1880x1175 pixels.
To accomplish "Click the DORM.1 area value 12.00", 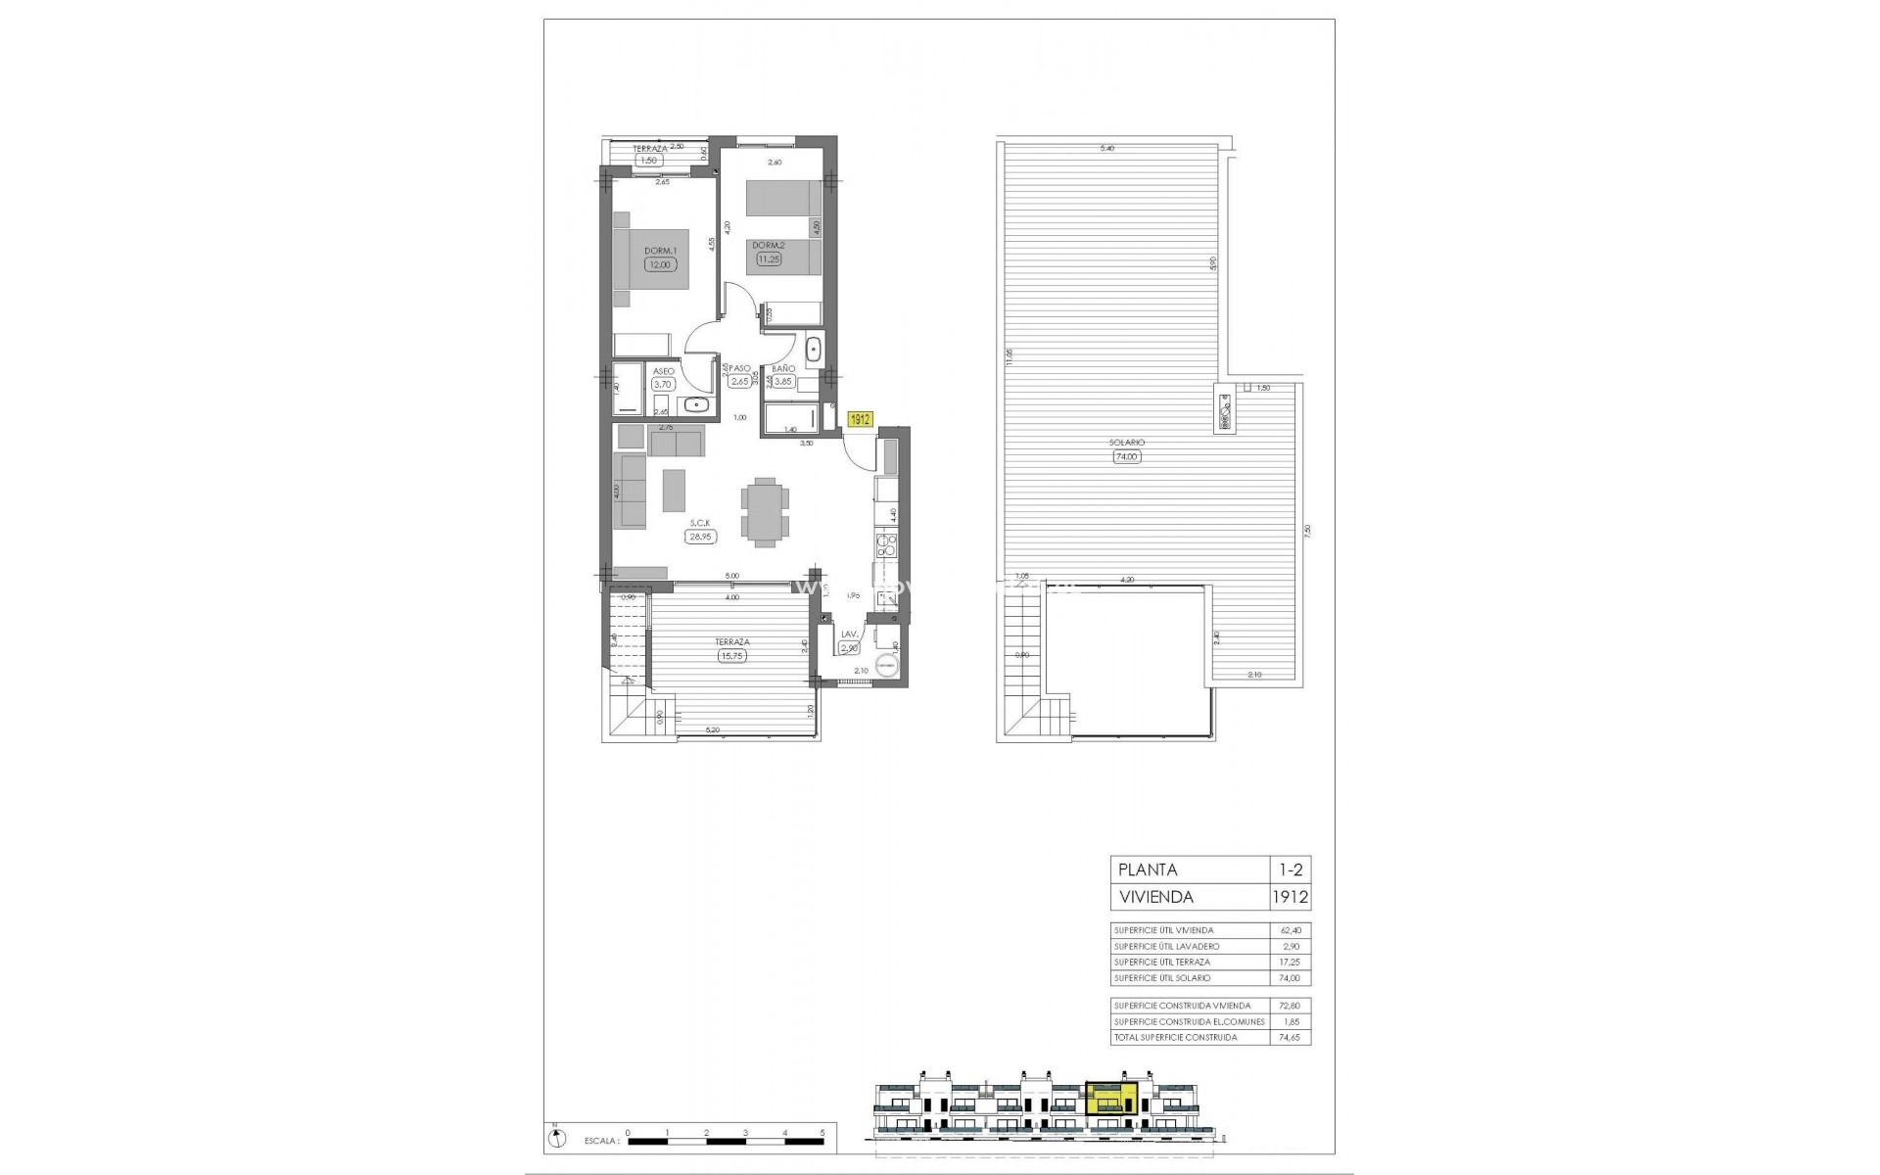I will click(660, 264).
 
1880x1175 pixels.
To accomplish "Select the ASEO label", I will click(664, 372).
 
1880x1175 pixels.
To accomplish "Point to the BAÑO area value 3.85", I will click(781, 383).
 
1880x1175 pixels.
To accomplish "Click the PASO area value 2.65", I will click(739, 382).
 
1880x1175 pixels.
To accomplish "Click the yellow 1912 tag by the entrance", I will click(860, 419).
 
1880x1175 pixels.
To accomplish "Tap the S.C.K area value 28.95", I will click(699, 537).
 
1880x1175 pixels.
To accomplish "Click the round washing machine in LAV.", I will click(885, 662).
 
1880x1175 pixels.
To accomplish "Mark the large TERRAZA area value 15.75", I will click(731, 656).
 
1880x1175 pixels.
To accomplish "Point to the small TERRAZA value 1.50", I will click(647, 161).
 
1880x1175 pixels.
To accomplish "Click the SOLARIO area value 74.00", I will click(1128, 456).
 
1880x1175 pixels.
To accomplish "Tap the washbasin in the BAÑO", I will click(814, 349).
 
